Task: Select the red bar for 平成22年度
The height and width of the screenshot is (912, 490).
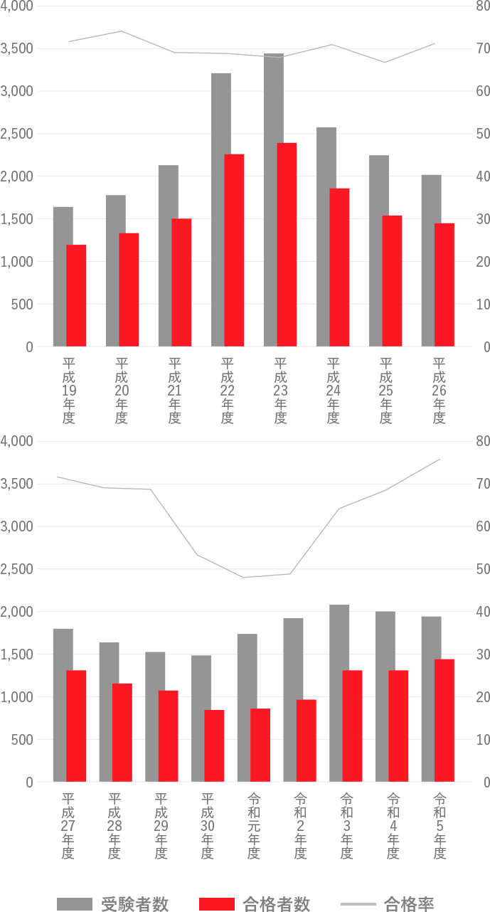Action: point(234,250)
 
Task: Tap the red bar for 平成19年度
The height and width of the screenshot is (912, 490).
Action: point(76,295)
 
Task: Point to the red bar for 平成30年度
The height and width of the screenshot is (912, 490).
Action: point(214,746)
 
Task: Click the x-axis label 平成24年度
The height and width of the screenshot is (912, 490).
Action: point(333,391)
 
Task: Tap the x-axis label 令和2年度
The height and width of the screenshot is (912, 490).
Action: point(300,826)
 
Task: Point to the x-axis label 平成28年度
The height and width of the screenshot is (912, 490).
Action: point(114,826)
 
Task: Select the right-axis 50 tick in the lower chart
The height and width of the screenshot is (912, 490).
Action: point(482,569)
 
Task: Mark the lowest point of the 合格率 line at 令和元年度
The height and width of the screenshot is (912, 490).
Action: point(243,577)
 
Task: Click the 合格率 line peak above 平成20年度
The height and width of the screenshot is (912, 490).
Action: point(121,31)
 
